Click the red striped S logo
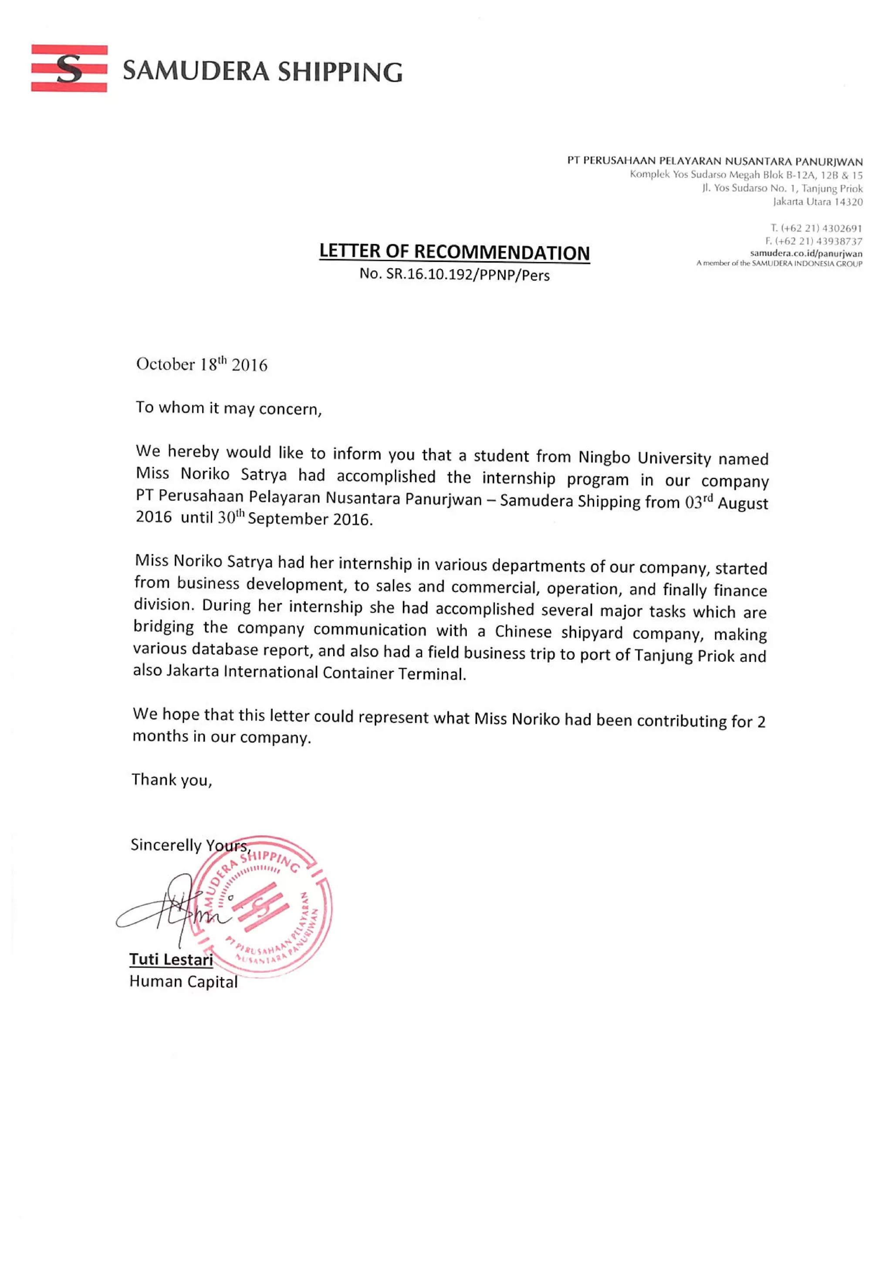point(69,68)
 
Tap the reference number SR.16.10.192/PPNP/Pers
point(467,274)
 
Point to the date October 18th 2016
point(201,364)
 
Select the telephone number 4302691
point(841,228)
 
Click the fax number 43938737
point(839,241)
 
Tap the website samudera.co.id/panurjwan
point(806,253)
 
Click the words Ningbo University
point(645,457)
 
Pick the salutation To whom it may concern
point(228,408)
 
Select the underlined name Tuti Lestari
point(171,959)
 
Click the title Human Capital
point(183,981)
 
